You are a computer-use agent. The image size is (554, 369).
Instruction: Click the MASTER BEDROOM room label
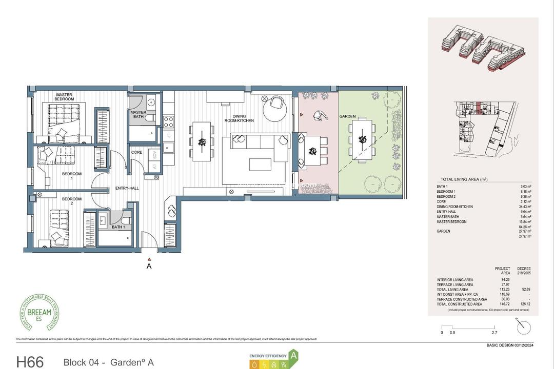64,97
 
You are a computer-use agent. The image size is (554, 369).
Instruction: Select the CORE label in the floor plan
136,152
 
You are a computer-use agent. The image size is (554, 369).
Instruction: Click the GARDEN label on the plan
347,116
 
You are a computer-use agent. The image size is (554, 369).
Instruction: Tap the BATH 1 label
118,227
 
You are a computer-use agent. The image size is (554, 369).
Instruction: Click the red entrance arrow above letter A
149,259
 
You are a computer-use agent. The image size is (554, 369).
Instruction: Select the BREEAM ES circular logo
39,313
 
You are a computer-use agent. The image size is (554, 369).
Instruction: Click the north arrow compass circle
524,327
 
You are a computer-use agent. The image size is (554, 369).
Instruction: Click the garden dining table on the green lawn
363,139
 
